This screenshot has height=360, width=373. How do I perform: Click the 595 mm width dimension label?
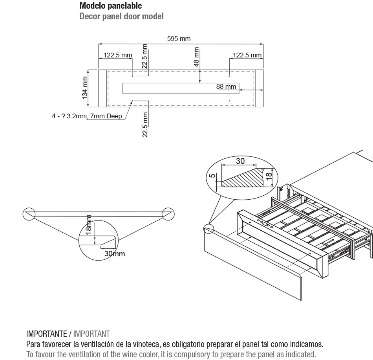pos(179,39)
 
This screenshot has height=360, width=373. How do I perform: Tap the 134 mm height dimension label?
pos(85,88)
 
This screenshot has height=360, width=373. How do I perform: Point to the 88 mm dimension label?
pos(227,86)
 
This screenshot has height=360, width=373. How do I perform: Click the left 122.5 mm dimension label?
pos(118,55)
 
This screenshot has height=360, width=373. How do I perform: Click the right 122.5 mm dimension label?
pos(247,55)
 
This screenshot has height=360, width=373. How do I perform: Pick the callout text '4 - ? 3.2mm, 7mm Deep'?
pos(87,116)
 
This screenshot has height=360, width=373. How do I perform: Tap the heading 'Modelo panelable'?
pos(111,6)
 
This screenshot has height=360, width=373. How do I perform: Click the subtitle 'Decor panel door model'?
pos(121,17)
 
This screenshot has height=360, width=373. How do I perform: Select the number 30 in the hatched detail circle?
pos(240,161)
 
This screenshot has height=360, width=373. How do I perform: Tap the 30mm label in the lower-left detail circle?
pos(114,254)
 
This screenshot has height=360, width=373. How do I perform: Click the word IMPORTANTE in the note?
pos(46,334)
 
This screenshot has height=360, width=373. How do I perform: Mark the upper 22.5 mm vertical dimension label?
pos(145,57)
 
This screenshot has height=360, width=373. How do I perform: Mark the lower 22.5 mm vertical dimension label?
pos(145,125)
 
